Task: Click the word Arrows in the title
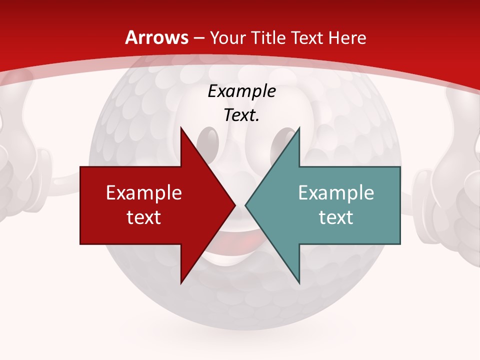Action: click(156, 37)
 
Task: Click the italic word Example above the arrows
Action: click(241, 91)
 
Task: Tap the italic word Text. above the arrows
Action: click(241, 115)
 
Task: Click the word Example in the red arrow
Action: click(143, 192)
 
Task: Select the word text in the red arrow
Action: click(143, 217)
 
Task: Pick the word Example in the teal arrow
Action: click(336, 192)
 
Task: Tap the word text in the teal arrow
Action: click(336, 217)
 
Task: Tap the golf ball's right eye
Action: click(285, 140)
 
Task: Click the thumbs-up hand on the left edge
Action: click(20, 165)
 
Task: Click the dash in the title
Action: click(199, 38)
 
